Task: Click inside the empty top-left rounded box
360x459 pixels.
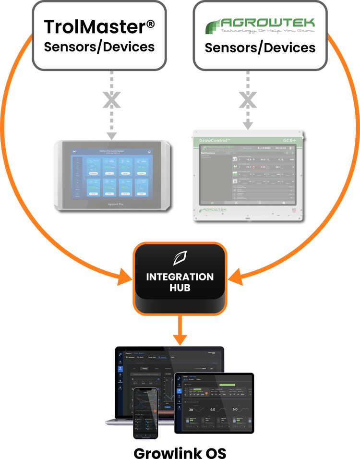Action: (x=99, y=36)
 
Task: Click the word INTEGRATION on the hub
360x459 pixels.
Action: (x=180, y=277)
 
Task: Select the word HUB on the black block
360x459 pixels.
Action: (x=180, y=288)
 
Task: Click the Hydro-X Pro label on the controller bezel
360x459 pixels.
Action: (x=112, y=204)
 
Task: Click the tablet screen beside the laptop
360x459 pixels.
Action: (x=215, y=403)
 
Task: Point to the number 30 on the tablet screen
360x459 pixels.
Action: (x=191, y=410)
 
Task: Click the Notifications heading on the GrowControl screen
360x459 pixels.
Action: (x=212, y=154)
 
